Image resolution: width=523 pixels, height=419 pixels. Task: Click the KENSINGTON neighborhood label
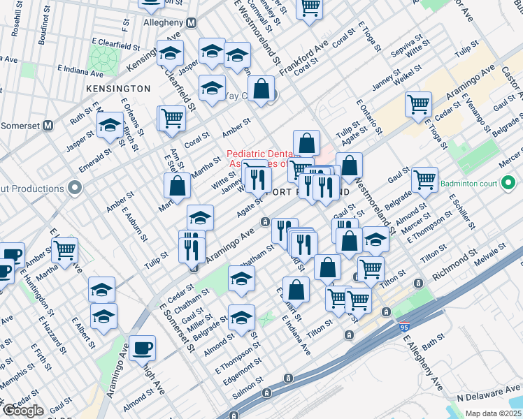118,89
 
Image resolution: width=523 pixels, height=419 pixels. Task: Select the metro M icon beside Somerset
48,126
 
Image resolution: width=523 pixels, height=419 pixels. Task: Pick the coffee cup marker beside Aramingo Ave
142,348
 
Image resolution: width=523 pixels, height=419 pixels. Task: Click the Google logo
23,411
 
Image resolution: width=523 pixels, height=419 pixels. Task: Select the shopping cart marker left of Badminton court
424,179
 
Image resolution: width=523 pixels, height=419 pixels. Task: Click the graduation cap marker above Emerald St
110,126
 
